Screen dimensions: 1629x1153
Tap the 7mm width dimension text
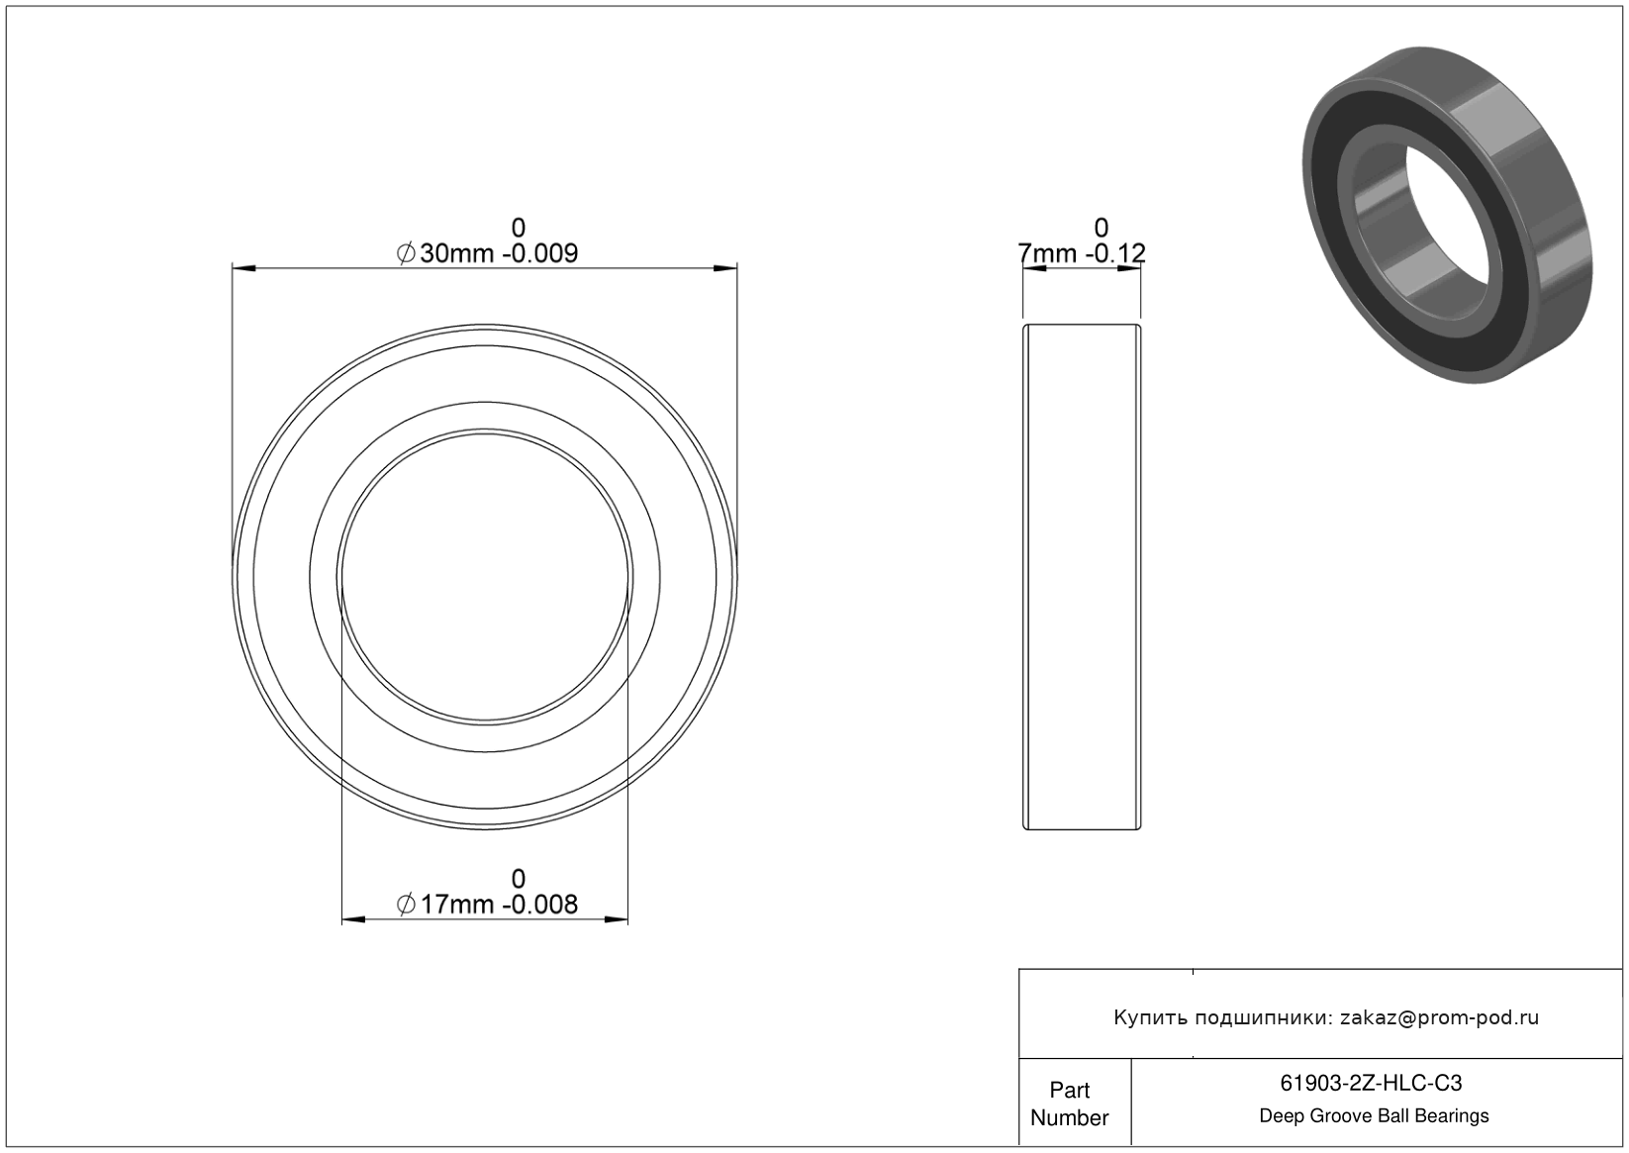click(x=1047, y=253)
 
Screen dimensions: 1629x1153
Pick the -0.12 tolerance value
click(x=1115, y=253)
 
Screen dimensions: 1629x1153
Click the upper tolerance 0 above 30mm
click(x=519, y=228)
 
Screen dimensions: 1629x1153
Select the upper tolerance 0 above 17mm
click(x=519, y=879)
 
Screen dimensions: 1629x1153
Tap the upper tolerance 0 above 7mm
click(x=1102, y=228)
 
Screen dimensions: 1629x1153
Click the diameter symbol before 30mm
click(x=406, y=253)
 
